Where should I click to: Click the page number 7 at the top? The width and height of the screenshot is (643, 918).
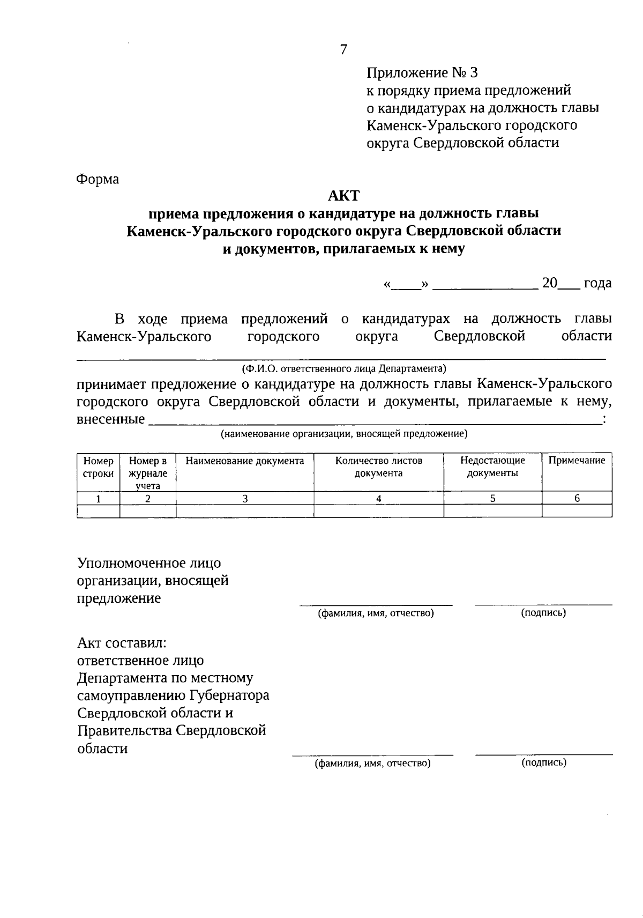pos(343,50)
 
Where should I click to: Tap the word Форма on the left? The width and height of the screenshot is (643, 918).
pos(98,179)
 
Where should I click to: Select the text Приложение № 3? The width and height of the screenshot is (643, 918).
pos(422,73)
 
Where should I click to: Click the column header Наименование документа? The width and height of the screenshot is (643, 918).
pos(245,461)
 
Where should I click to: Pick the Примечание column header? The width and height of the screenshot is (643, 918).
pos(577,461)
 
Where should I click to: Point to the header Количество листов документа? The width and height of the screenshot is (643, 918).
pos(378,467)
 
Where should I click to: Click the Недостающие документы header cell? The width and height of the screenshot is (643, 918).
pos(492,467)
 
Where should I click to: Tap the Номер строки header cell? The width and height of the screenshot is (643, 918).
pos(98,467)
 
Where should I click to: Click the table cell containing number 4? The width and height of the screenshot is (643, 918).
pos(378,498)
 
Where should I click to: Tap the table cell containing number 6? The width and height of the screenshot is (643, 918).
pos(577,498)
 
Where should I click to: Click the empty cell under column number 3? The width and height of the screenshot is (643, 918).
pos(245,511)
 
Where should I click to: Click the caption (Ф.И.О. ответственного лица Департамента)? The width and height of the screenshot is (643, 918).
pos(343,369)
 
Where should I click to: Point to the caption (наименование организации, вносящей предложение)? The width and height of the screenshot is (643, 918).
pos(344,434)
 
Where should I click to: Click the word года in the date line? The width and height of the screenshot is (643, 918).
pos(597,283)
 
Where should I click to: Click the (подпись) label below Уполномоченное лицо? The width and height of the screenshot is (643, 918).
pos(543,613)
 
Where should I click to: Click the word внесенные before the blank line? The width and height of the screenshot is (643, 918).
pos(110,419)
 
